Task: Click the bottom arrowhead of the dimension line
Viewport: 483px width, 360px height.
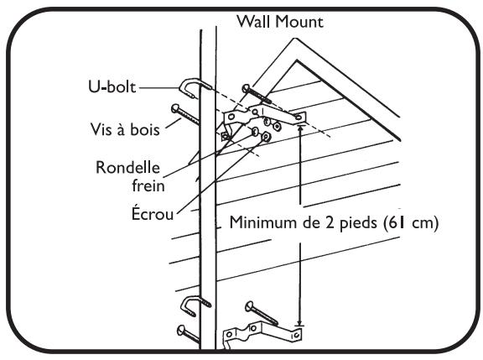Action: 300,322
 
